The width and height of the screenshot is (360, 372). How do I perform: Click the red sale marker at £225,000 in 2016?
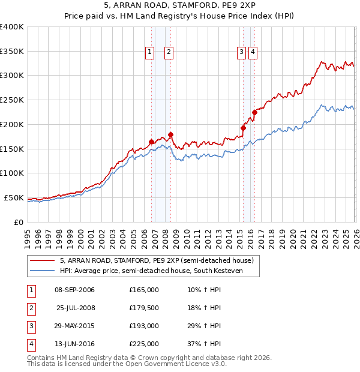pos(254,112)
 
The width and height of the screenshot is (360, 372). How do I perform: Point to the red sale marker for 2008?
pos(170,134)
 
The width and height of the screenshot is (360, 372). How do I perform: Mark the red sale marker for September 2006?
pos(151,142)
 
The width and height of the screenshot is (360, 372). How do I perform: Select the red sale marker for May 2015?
pos(243,128)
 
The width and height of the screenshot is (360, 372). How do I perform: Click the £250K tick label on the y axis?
pos(12,100)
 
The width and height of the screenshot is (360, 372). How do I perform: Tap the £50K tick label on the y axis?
pos(14,197)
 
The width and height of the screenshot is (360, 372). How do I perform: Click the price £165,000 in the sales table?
pos(144,290)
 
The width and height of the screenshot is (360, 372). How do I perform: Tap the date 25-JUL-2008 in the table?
pos(76,308)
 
